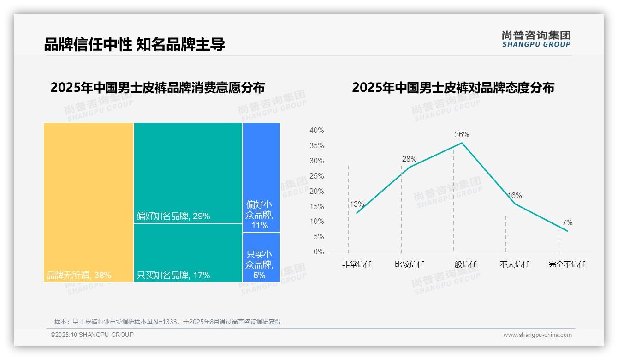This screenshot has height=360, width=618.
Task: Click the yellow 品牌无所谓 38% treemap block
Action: [89, 202]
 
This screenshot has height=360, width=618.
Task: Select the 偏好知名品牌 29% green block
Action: [188, 173]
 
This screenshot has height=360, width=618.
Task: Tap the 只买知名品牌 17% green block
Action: [188, 252]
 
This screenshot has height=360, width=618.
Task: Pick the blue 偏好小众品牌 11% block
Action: [261, 177]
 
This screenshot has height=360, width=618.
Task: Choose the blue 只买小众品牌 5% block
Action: [261, 257]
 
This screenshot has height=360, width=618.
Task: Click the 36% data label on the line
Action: [462, 135]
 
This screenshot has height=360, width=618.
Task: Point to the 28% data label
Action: [409, 159]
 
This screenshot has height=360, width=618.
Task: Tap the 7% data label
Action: [567, 223]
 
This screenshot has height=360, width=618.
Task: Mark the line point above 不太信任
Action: [515, 204]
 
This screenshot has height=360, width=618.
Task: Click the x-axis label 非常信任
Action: [357, 264]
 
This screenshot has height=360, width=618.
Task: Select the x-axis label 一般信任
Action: [462, 264]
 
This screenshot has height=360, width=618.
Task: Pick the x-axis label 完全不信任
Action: [567, 264]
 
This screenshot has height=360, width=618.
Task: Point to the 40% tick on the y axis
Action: [316, 131]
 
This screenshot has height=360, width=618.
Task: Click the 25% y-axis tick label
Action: [316, 176]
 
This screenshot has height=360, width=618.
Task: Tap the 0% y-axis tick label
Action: [319, 252]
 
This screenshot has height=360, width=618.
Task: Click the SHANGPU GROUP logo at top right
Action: [536, 39]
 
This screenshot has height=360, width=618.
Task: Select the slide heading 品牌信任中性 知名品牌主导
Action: [134, 45]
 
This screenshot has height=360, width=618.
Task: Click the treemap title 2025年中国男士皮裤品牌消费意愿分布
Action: [157, 88]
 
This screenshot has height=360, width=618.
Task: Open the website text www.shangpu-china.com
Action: [537, 335]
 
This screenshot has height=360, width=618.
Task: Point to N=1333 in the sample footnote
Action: [164, 322]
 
